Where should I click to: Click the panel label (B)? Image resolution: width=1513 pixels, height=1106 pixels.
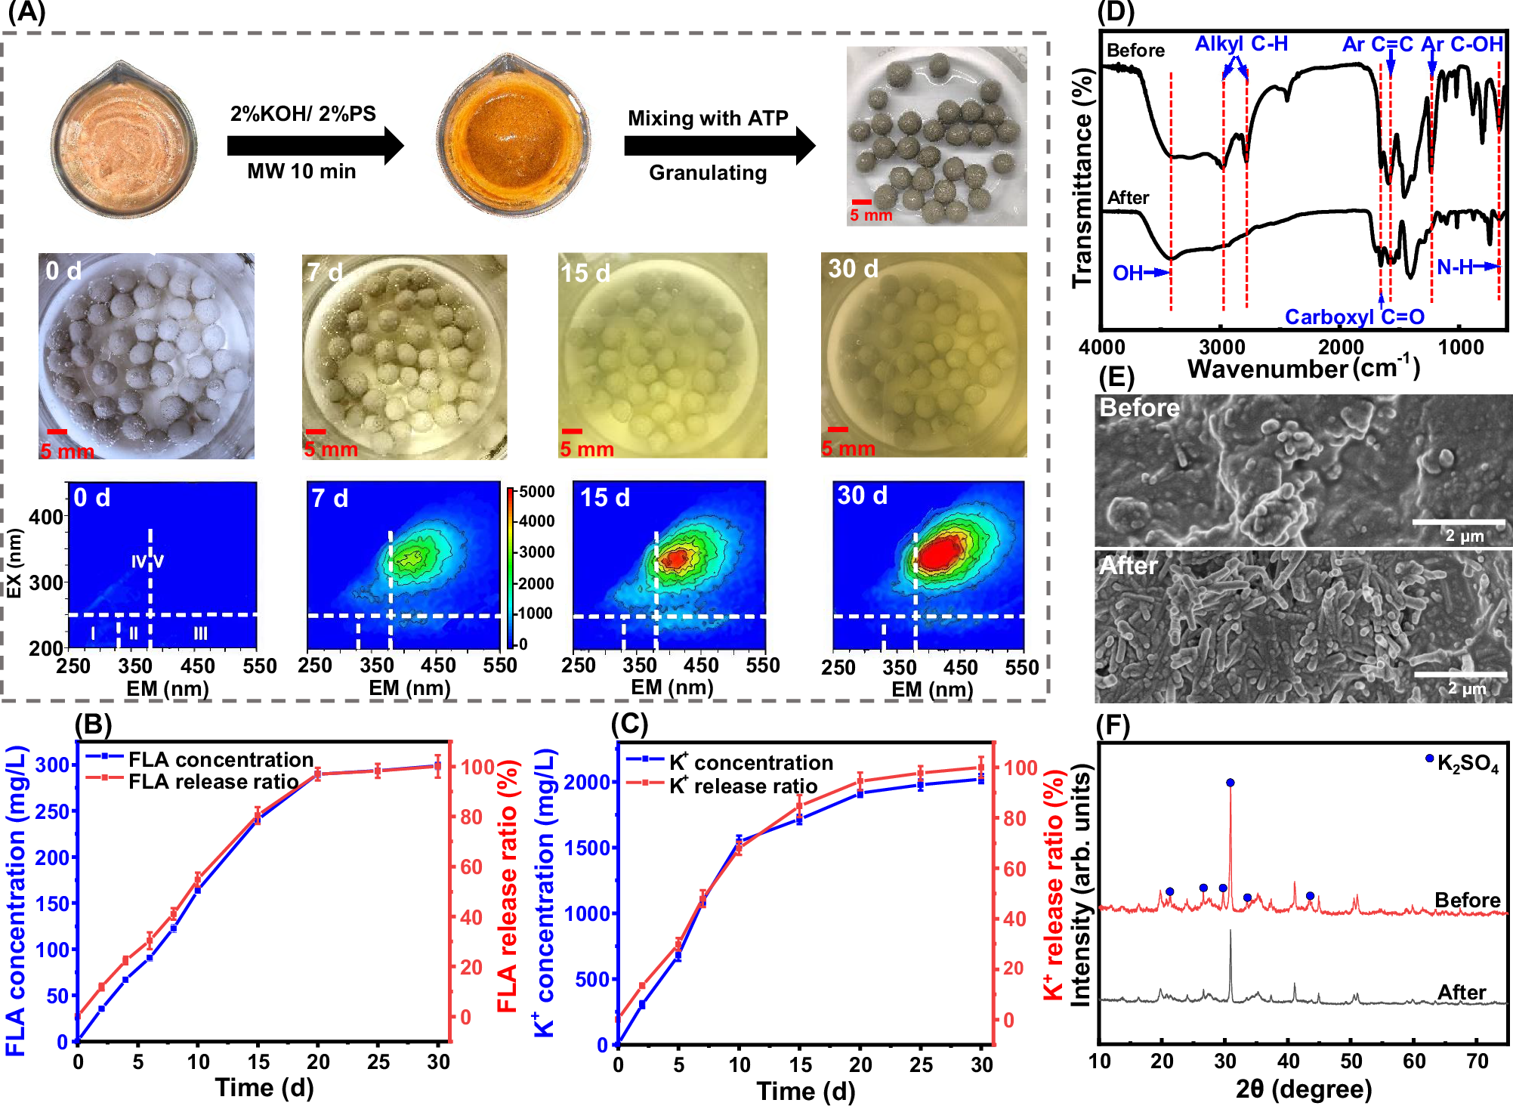pyautogui.click(x=93, y=724)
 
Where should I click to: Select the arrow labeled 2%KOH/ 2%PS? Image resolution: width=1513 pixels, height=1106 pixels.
pyautogui.click(x=315, y=145)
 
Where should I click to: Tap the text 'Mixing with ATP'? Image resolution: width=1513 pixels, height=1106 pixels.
pyautogui.click(x=708, y=119)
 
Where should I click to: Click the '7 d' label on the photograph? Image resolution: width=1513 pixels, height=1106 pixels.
pyautogui.click(x=325, y=272)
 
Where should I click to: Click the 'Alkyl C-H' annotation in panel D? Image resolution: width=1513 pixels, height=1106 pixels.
pyautogui.click(x=1241, y=44)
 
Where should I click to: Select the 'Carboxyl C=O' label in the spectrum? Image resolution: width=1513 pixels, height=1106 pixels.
pyautogui.click(x=1354, y=317)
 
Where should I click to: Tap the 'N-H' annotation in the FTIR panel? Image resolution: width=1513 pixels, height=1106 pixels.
pyautogui.click(x=1454, y=267)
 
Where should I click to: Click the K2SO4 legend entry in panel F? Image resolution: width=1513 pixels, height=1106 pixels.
pyautogui.click(x=1462, y=763)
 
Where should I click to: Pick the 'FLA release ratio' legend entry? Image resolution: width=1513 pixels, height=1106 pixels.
pyautogui.click(x=213, y=781)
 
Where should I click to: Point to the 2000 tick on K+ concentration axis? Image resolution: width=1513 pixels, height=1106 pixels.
pyautogui.click(x=587, y=782)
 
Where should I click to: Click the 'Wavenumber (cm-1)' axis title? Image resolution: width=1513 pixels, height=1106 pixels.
pyautogui.click(x=1303, y=368)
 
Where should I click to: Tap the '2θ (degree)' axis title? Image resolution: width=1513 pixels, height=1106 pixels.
pyautogui.click(x=1303, y=1089)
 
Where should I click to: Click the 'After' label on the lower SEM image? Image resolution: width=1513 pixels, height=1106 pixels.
pyautogui.click(x=1128, y=566)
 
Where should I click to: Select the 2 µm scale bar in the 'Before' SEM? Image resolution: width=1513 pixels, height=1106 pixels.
pyautogui.click(x=1458, y=522)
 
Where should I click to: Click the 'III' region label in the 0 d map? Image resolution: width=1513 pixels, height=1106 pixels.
pyautogui.click(x=200, y=633)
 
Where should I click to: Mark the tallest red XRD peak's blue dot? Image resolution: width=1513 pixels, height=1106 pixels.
pyautogui.click(x=1230, y=783)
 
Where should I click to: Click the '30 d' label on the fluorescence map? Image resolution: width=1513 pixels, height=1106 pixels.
pyautogui.click(x=862, y=496)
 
